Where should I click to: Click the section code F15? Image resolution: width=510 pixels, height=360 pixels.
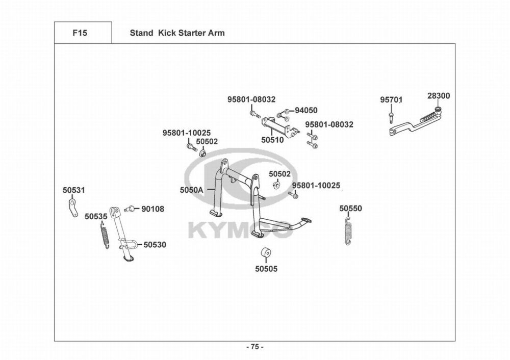80,33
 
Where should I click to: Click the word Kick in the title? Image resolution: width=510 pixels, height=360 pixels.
166,33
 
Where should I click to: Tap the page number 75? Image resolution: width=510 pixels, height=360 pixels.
255,347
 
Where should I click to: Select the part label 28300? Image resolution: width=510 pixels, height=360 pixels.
439,96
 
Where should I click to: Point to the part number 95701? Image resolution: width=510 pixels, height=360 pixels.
391,99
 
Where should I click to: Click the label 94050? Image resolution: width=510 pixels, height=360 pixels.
306,110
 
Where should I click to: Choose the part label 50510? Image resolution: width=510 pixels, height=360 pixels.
272,140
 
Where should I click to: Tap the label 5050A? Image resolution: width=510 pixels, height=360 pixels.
192,190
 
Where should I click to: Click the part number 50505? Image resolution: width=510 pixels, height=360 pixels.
266,269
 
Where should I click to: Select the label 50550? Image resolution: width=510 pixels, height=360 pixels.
351,208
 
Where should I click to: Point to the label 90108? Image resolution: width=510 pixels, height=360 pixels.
153,209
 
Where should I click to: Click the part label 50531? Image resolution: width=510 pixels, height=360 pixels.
74,190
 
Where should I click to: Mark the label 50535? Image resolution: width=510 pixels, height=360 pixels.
96,216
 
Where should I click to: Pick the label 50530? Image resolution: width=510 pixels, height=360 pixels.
155,245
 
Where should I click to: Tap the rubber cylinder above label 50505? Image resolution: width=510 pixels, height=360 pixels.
266,252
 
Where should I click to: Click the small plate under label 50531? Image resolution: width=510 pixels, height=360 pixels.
73,208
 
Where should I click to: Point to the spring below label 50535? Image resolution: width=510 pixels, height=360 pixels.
105,235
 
